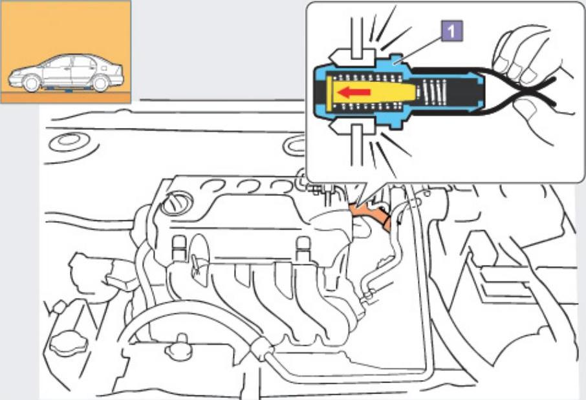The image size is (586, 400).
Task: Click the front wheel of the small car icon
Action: (x=30, y=83)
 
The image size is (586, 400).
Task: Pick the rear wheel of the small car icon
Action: (x=100, y=83)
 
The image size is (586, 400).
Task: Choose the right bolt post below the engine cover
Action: (x=301, y=249)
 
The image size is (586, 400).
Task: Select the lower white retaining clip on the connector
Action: (x=353, y=132)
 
